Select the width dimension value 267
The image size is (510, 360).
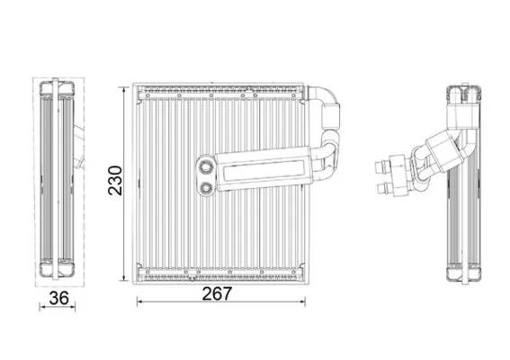(x=217, y=294)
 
